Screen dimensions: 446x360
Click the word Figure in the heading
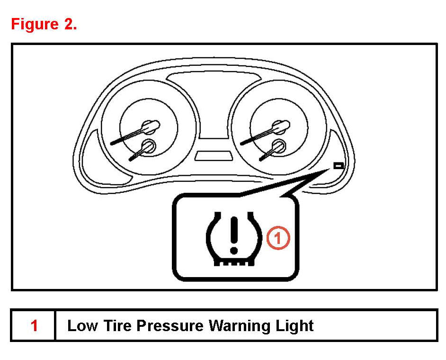pos(34,24)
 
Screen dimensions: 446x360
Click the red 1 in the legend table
pos(34,326)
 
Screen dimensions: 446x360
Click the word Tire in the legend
pos(116,326)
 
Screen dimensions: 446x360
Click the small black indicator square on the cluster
pos(339,166)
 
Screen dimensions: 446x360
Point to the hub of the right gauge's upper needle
pos(282,126)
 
